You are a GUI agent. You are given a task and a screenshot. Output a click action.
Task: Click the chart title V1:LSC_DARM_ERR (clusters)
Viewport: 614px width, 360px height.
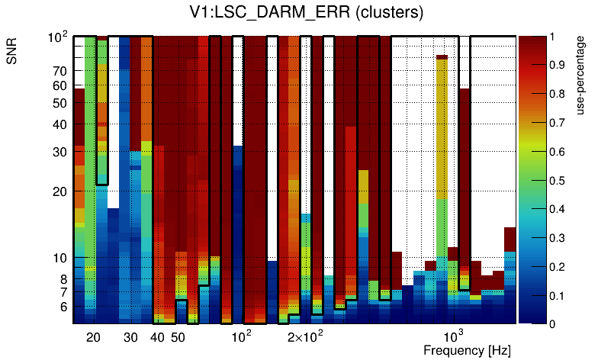[x=306, y=13]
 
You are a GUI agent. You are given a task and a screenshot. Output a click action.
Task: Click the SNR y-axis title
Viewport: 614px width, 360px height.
[x=14, y=53]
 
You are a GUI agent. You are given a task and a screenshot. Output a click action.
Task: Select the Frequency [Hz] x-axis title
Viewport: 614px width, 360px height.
[x=467, y=351]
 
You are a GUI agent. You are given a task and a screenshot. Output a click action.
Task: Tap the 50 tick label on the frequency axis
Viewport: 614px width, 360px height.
[x=178, y=338]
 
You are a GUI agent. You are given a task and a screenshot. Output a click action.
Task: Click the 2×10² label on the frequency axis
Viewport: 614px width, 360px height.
[x=306, y=336]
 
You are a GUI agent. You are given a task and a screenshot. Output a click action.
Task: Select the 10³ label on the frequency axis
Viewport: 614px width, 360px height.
[x=454, y=336]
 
